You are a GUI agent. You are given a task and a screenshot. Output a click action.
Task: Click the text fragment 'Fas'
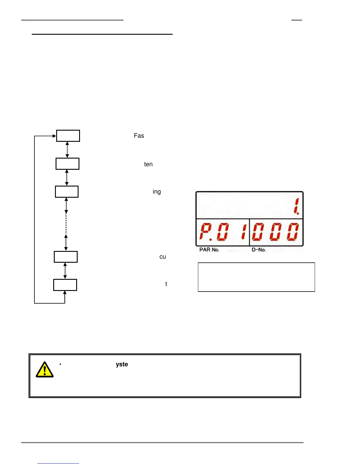(139, 136)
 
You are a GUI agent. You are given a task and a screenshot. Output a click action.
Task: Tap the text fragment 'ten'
(148, 164)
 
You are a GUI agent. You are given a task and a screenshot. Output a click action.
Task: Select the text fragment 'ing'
(156, 192)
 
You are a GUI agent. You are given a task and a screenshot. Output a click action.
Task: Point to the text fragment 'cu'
(163, 257)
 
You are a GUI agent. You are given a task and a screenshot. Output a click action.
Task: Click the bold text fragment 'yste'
(122, 364)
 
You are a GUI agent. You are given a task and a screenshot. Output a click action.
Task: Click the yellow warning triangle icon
(44, 370)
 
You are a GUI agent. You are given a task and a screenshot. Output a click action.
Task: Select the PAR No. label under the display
(209, 250)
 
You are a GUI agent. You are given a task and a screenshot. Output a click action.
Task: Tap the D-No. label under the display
(259, 250)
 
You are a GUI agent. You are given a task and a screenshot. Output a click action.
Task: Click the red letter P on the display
(206, 231)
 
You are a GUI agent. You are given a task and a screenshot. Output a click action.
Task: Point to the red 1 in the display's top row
(296, 206)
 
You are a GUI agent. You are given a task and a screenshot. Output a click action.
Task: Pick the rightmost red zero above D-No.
(293, 231)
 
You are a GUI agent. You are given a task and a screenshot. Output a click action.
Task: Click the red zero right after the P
(223, 231)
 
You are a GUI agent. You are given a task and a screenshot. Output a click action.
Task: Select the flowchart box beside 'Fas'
(68, 136)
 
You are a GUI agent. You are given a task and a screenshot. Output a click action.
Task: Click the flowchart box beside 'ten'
(67, 164)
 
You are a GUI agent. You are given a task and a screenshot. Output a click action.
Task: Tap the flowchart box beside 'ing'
(67, 192)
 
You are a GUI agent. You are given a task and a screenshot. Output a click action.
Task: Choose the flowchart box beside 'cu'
(66, 257)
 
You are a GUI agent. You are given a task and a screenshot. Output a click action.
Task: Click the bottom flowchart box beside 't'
(65, 285)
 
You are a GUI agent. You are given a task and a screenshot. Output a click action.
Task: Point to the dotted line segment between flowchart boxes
(66, 224)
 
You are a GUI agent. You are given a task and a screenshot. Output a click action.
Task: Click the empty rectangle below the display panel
(256, 277)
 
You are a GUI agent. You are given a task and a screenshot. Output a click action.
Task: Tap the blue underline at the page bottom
(58, 463)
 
